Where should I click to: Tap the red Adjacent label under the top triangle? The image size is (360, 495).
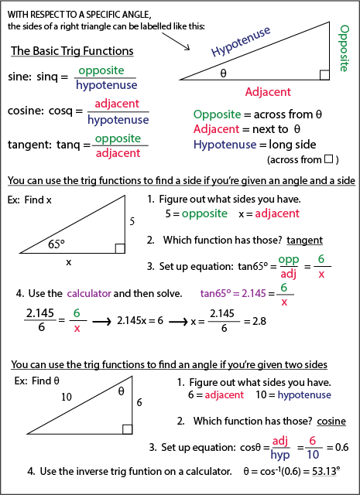(x=268, y=92)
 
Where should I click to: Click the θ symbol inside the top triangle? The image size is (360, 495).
(x=223, y=74)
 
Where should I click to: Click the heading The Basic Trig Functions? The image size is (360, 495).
(x=72, y=51)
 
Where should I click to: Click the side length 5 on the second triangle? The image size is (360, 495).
(x=132, y=222)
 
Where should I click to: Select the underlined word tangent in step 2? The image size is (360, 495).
(x=307, y=240)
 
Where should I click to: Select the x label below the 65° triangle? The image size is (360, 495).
(x=68, y=262)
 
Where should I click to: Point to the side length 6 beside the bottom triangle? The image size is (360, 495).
(x=139, y=402)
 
